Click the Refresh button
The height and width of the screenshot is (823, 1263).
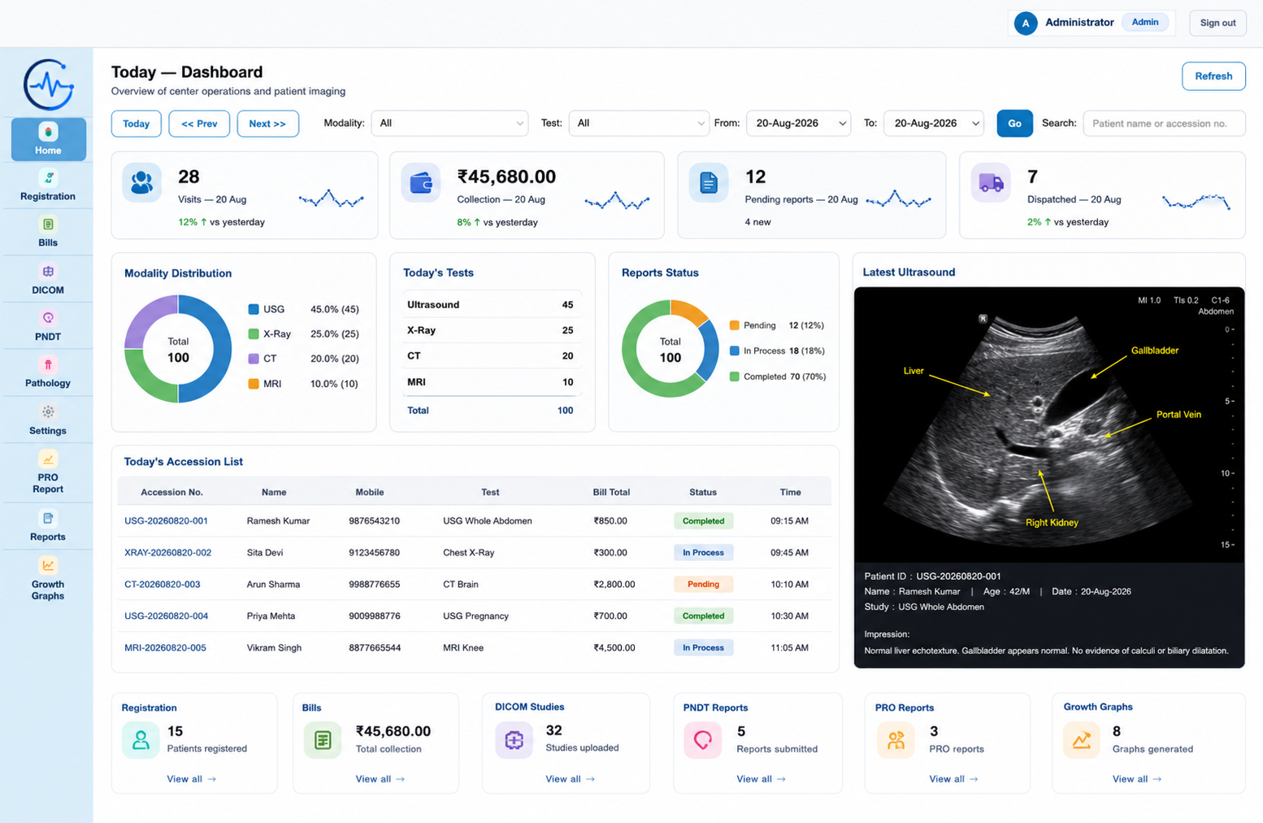pos(1213,76)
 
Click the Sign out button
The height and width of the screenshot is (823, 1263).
pos(1217,23)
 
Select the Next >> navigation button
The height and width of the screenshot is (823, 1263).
pos(267,124)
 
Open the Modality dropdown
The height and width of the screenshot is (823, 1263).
pos(449,123)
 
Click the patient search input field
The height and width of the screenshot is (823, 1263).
pos(1164,124)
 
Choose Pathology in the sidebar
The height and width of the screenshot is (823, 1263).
pos(48,372)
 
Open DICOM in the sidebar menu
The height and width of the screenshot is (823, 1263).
pos(48,279)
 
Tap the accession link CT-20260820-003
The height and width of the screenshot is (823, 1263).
pos(163,584)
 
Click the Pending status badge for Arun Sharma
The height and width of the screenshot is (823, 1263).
pos(703,584)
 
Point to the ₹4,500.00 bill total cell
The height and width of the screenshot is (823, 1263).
pos(614,647)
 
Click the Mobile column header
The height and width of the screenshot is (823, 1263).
pos(369,492)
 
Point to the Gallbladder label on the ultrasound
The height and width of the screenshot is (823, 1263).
pos(1154,351)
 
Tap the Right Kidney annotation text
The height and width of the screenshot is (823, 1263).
pos(1052,522)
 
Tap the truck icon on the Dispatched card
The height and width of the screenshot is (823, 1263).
pos(991,183)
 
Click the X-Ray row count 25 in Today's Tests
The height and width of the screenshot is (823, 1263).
pos(567,330)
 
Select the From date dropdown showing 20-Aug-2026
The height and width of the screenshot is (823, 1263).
pos(798,123)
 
